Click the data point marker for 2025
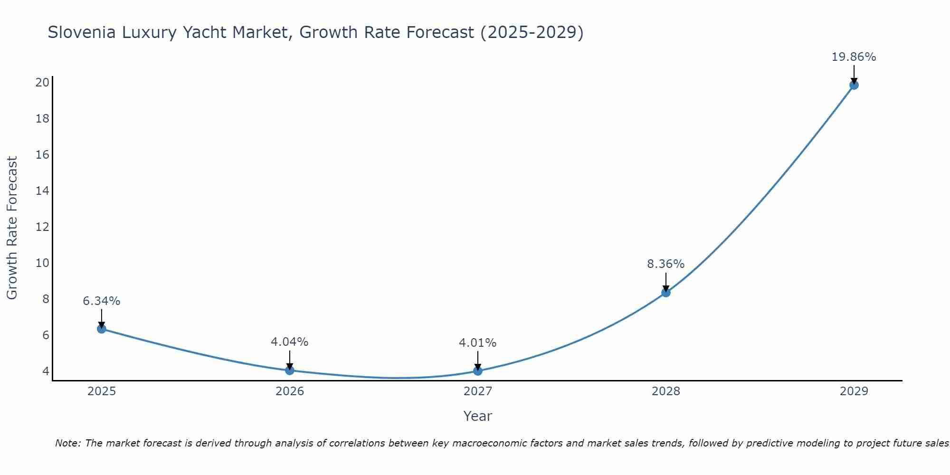pos(102,329)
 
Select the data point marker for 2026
pos(290,370)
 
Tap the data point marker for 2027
pos(478,371)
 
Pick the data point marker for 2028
pos(666,293)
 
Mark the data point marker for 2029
pos(854,85)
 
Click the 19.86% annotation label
pos(854,57)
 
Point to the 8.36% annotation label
pos(665,264)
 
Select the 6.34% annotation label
pos(101,301)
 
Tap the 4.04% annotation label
pos(289,342)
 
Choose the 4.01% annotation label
pos(477,343)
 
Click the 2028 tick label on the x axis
pos(666,391)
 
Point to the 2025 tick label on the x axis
pos(102,391)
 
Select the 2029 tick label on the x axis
pos(854,391)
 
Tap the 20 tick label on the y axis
pos(42,83)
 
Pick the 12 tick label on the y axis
pos(42,227)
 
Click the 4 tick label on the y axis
pos(46,371)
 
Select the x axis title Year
pos(478,416)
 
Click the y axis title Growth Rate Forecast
pos(12,228)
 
